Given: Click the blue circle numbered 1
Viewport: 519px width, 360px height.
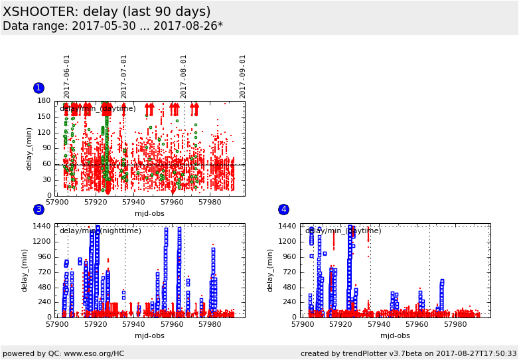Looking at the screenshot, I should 38,88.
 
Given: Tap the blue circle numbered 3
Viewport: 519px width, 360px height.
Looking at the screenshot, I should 38,209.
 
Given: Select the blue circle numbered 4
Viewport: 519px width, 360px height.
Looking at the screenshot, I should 283,209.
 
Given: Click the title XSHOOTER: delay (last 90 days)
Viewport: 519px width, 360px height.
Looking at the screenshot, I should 107,12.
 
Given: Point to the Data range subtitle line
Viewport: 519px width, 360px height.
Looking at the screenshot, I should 113,27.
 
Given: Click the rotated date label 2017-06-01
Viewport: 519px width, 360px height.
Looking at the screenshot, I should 67,76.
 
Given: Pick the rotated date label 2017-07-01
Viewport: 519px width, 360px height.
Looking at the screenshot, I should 124,76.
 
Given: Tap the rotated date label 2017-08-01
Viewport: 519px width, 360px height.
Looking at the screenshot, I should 184,76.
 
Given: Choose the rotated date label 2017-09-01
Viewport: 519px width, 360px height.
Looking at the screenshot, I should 243,76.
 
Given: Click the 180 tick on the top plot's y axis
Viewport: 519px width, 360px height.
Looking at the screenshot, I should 44,101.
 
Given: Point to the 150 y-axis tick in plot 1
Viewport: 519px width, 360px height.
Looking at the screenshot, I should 44,117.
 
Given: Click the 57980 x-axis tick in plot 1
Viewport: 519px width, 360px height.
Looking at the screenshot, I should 210,202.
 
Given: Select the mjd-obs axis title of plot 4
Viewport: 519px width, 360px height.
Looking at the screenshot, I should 396,335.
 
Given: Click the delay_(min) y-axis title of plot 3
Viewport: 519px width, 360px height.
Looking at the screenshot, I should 25,270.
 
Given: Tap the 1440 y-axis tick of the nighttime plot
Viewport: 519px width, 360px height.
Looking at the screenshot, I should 42,226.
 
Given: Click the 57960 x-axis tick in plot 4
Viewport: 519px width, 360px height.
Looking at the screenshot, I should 417,324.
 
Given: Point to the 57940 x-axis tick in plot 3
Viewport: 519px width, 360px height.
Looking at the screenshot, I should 133,324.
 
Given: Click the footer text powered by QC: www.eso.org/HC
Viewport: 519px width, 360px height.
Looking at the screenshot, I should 64,354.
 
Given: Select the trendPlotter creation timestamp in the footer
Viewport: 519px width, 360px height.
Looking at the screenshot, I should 408,354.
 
